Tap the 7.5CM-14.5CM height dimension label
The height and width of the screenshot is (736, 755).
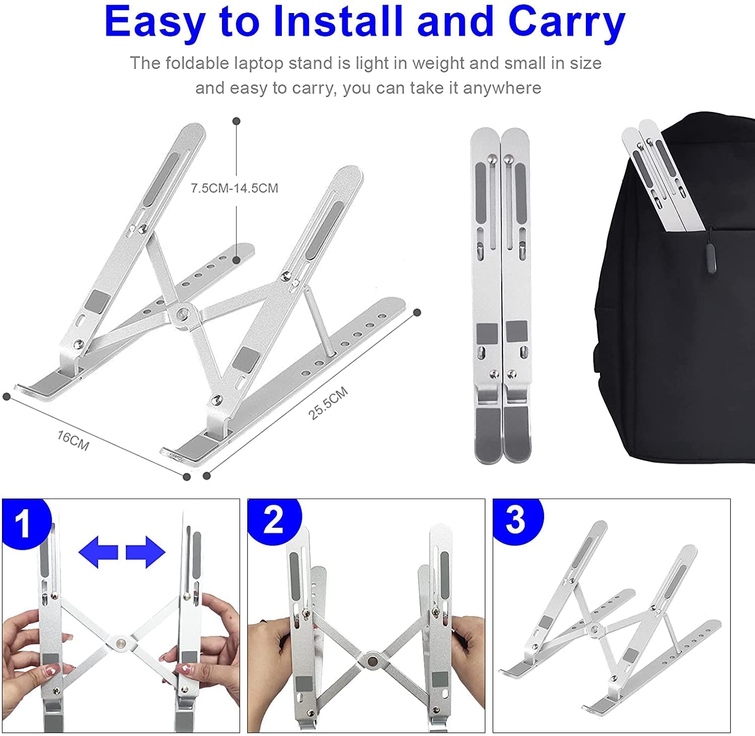pyautogui.click(x=235, y=188)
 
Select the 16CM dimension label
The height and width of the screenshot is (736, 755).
pyautogui.click(x=73, y=441)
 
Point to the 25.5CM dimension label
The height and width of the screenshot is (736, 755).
pyautogui.click(x=328, y=403)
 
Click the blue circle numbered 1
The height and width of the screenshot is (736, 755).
pyautogui.click(x=25, y=524)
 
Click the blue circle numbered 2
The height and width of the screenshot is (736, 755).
pyautogui.click(x=274, y=521)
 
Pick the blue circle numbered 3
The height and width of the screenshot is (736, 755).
pyautogui.click(x=517, y=521)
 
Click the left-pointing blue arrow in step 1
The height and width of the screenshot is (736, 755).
pyautogui.click(x=98, y=552)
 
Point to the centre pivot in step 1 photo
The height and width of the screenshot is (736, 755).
pyautogui.click(x=121, y=642)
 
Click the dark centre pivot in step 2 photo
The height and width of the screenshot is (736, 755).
pyautogui.click(x=373, y=659)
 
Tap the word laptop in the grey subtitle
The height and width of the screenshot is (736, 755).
pyautogui.click(x=261, y=64)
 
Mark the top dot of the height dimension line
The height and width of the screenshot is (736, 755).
pyautogui.click(x=237, y=121)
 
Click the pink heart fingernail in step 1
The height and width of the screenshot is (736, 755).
pyautogui.click(x=52, y=671)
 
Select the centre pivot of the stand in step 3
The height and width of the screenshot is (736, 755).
pyautogui.click(x=595, y=627)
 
